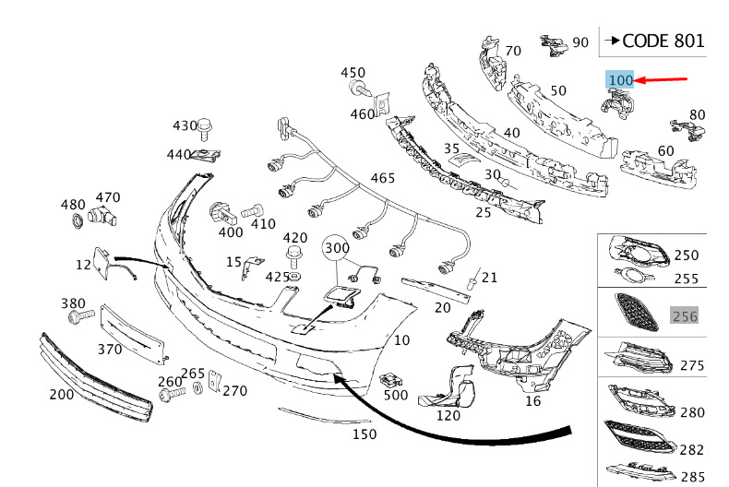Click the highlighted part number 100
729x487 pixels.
pos(620,80)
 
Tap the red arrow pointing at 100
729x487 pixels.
pos(663,80)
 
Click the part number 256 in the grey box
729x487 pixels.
pos(684,316)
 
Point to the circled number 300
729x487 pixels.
pos(338,249)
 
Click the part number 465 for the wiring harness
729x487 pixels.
pos(383,178)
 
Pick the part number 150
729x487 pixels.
pos(364,434)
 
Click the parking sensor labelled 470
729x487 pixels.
pos(102,218)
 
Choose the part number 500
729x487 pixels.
pos(396,395)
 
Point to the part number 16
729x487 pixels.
pos(532,401)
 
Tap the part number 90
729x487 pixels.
pos(580,42)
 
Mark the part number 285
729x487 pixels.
pos(691,478)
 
